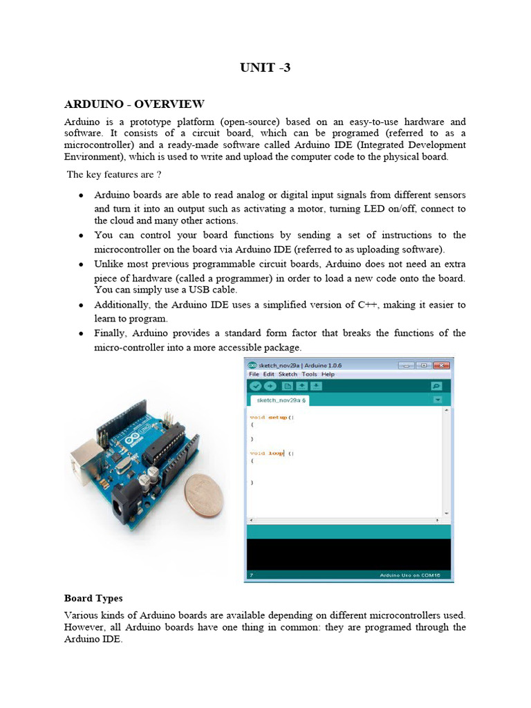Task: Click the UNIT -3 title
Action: (x=265, y=68)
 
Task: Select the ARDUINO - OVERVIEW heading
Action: (x=134, y=104)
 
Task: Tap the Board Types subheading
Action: (x=93, y=598)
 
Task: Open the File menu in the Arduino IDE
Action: (x=254, y=374)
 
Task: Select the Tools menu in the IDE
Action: (x=309, y=374)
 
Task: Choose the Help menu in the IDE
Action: (x=328, y=374)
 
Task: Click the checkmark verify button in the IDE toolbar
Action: (x=256, y=386)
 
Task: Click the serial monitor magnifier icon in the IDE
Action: (x=436, y=386)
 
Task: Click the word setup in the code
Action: (x=277, y=418)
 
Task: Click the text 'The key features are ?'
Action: (x=114, y=175)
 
